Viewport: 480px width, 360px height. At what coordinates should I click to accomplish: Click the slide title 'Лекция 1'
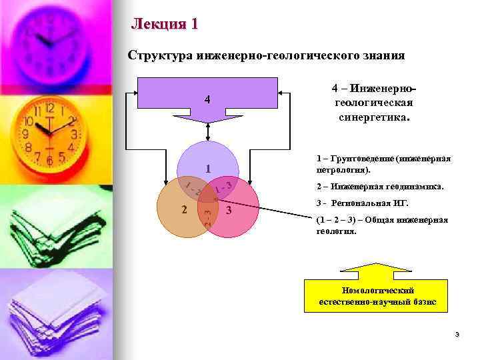point(165,25)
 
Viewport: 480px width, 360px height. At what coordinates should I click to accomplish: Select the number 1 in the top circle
point(208,168)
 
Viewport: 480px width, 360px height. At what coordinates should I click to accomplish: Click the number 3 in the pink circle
point(228,212)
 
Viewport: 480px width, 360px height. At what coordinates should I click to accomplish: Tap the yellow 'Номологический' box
point(377,296)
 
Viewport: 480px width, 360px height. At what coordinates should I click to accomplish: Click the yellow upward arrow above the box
point(377,271)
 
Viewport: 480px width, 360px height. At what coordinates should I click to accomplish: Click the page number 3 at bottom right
point(457,334)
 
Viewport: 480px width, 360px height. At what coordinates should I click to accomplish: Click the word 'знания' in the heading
point(383,55)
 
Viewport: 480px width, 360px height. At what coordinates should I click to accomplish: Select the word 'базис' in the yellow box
point(424,302)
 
